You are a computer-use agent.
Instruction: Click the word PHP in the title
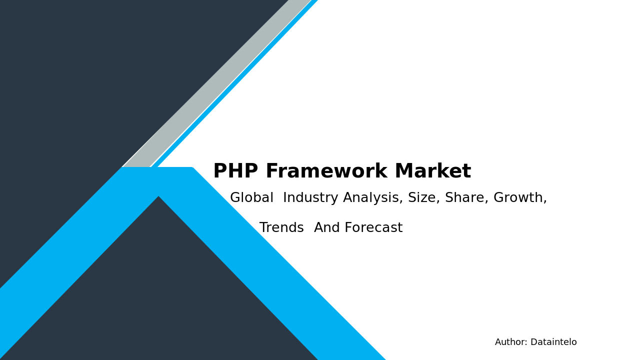point(235,171)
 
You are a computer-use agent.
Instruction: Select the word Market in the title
point(432,171)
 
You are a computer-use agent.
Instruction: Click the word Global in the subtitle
point(251,198)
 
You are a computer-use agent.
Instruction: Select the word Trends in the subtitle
point(281,228)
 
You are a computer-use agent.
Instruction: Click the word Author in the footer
point(510,342)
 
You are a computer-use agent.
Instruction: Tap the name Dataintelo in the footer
point(553,342)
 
